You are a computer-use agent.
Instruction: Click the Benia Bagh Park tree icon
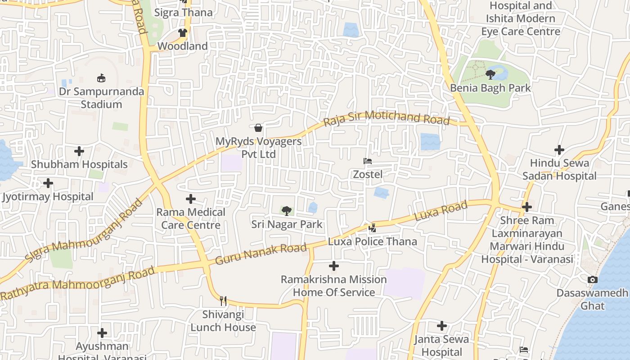490,74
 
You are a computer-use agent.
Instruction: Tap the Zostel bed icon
368,161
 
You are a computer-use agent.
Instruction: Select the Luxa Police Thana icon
372,229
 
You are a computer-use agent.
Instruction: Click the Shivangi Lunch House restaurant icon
223,301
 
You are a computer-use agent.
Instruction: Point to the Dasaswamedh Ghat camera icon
593,279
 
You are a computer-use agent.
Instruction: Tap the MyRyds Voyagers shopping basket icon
258,128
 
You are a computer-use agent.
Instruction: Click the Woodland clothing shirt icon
183,33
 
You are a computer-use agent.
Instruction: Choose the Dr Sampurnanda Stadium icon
101,78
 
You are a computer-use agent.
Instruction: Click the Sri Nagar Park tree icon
286,211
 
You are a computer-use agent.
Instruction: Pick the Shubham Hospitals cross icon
79,151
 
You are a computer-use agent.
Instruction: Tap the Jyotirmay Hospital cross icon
48,183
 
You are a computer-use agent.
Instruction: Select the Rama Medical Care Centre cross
191,198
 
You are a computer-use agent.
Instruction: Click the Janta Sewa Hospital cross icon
442,325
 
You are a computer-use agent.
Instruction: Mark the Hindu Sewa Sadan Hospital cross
559,149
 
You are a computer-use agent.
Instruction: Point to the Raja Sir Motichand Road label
387,117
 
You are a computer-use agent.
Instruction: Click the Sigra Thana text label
184,13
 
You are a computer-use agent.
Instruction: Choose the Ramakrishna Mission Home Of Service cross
334,266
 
